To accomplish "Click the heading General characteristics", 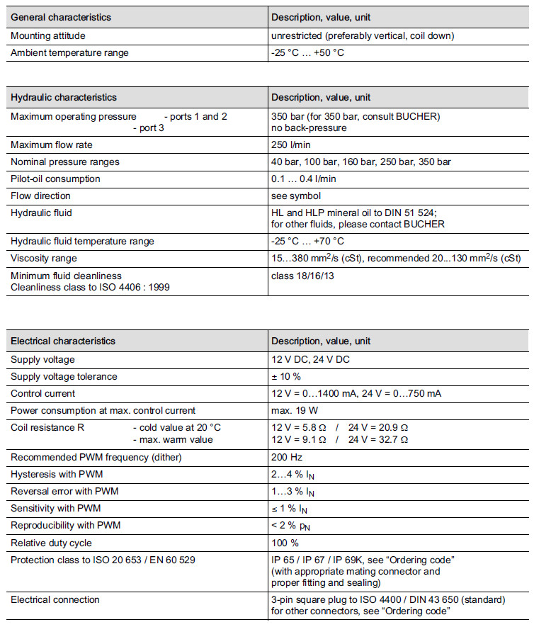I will pyautogui.click(x=61, y=17).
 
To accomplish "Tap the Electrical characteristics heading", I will pyautogui.click(x=63, y=341).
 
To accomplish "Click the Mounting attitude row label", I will pyautogui.click(x=47, y=35).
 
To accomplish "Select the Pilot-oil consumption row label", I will pyautogui.click(x=55, y=179).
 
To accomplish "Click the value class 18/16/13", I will pyautogui.click(x=302, y=275).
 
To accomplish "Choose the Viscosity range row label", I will pyautogui.click(x=44, y=258).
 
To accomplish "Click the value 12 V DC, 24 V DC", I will pyautogui.click(x=310, y=359).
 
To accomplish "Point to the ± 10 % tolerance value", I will pyautogui.click(x=286, y=376).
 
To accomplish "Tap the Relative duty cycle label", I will pyautogui.click(x=51, y=543).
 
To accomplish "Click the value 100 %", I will pyautogui.click(x=285, y=543).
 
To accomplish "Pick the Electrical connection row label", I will pyautogui.click(x=55, y=599).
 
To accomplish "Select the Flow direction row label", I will pyautogui.click(x=40, y=196).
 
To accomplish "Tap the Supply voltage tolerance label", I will pyautogui.click(x=64, y=376).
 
